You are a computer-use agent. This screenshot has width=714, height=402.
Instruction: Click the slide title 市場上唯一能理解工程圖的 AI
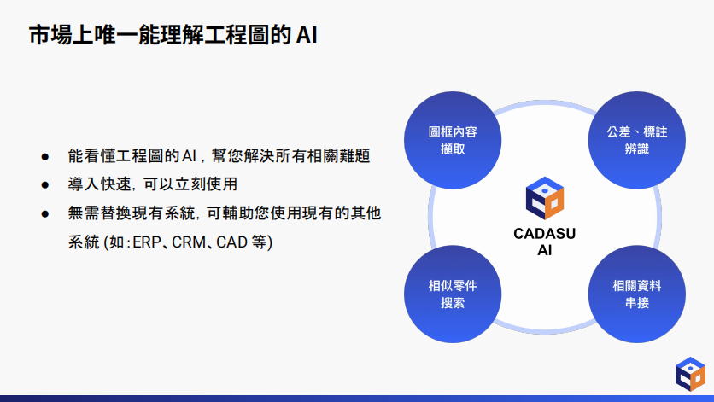click(173, 35)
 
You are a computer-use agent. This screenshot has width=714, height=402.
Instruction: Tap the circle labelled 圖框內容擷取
click(453, 140)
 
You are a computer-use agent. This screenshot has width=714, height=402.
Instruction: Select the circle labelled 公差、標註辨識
click(636, 140)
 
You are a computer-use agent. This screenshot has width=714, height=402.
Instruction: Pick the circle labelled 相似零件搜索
click(453, 294)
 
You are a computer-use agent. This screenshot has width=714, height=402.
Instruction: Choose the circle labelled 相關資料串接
click(636, 294)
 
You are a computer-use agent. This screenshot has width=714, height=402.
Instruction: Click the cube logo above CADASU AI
click(545, 198)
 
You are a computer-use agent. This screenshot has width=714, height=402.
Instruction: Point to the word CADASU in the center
click(545, 234)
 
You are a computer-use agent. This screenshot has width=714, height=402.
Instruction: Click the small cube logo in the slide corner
click(690, 374)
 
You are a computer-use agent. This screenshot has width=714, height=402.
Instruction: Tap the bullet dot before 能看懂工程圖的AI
click(44, 157)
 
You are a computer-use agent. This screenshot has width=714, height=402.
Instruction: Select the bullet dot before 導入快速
click(44, 185)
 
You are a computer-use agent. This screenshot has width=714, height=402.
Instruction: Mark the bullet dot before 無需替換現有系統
click(44, 214)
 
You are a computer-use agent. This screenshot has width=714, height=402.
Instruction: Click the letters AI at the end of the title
click(307, 36)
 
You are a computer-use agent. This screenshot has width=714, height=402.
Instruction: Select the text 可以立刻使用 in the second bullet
click(190, 184)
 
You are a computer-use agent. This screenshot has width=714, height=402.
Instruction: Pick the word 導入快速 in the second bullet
click(99, 184)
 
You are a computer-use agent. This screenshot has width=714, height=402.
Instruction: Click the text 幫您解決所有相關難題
click(290, 156)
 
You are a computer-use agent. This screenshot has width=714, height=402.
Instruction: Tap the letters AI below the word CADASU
click(545, 250)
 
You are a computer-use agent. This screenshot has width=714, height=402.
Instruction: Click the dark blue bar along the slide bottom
click(357, 399)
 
